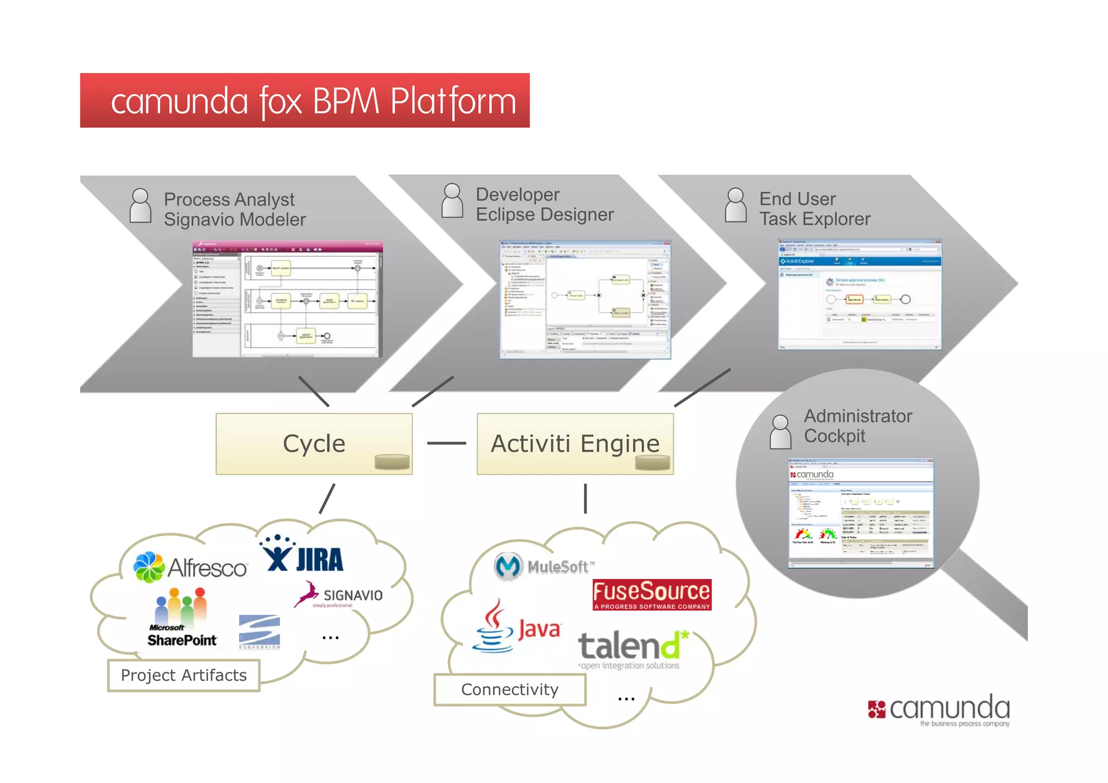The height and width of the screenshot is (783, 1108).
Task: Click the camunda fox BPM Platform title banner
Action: pos(305,101)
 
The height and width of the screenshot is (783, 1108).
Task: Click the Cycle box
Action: pos(314,444)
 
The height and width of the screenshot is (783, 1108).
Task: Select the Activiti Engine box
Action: pos(575,444)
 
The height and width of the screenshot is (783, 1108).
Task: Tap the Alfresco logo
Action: pos(190,567)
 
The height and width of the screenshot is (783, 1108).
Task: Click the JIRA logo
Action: pos(303,555)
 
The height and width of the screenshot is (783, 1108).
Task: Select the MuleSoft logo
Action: pos(544,567)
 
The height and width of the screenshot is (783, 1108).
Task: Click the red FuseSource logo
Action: pos(652,594)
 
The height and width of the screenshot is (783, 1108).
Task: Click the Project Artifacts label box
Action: pos(183,675)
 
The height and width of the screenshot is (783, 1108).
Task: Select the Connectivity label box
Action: pos(510,689)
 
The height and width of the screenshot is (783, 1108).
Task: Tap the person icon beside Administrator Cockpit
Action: pos(780,432)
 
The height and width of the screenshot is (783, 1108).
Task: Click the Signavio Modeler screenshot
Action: pos(287,299)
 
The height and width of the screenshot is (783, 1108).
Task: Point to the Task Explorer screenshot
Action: pos(859,294)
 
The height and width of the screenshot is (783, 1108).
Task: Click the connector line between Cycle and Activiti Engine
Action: pos(446,443)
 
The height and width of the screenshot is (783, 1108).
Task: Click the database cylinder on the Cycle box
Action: pos(392,461)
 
